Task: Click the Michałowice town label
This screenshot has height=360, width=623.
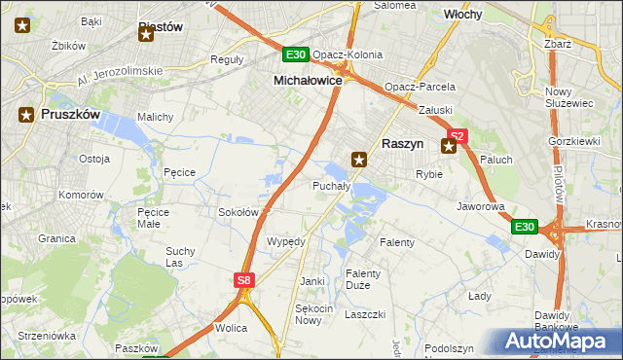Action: (x=308, y=80)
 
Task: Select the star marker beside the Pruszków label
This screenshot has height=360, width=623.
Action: (x=25, y=114)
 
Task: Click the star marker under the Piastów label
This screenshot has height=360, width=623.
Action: (x=146, y=35)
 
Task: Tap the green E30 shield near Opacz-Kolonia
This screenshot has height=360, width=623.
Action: (x=297, y=54)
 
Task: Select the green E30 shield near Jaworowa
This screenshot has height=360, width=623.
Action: (x=525, y=227)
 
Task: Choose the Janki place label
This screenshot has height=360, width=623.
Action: (x=312, y=281)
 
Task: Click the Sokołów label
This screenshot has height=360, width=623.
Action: (x=238, y=211)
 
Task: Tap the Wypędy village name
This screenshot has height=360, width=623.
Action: (x=286, y=241)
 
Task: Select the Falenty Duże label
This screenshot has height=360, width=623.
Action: (x=364, y=280)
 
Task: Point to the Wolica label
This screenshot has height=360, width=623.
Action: (x=231, y=328)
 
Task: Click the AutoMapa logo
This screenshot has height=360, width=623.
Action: (x=557, y=341)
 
